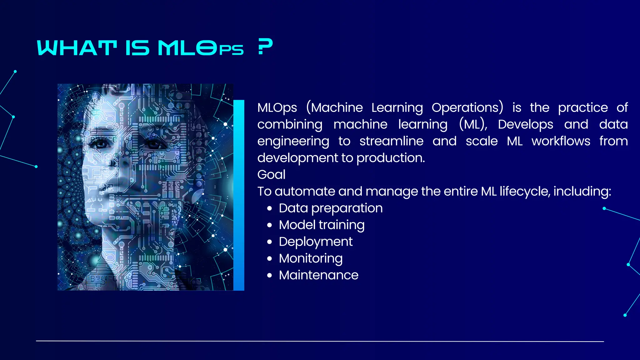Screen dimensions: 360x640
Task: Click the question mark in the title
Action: (x=265, y=47)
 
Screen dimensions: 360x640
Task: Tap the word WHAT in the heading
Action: (x=77, y=48)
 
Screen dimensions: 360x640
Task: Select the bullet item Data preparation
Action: (x=331, y=208)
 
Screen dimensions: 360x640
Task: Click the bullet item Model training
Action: (x=322, y=225)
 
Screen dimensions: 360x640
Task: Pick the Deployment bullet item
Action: (x=316, y=242)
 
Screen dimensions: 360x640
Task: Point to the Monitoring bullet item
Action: (x=311, y=258)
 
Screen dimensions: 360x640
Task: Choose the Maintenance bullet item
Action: (x=318, y=275)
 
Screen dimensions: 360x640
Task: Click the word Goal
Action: (x=271, y=175)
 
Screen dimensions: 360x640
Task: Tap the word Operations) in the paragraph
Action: (x=467, y=107)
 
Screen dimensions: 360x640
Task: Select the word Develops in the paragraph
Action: (x=526, y=124)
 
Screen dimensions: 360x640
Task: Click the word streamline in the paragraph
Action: (x=391, y=141)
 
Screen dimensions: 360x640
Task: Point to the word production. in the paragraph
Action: (x=391, y=158)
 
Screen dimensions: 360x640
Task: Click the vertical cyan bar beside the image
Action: (x=239, y=195)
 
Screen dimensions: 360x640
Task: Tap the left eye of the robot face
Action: (x=99, y=143)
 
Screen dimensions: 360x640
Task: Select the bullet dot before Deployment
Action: (x=270, y=242)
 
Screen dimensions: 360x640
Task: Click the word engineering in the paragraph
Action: (x=293, y=142)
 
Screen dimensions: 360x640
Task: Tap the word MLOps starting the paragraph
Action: (x=277, y=108)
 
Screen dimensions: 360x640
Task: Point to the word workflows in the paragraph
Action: (x=561, y=141)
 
